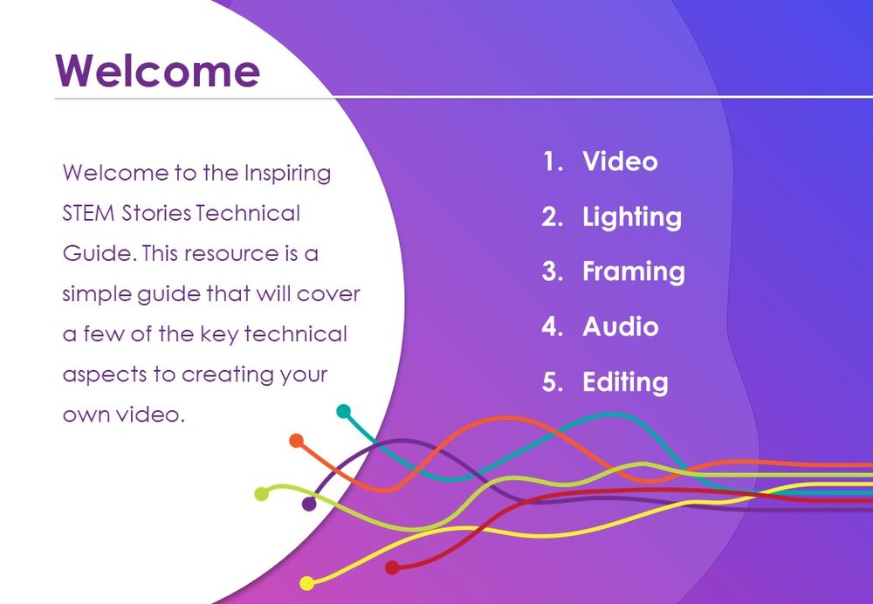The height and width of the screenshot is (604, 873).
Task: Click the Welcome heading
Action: pyautogui.click(x=157, y=71)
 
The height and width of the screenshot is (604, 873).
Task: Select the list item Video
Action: pyautogui.click(x=620, y=161)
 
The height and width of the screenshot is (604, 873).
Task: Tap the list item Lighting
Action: pyautogui.click(x=632, y=217)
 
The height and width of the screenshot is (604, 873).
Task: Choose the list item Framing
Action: pyautogui.click(x=634, y=271)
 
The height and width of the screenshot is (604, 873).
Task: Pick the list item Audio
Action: pyautogui.click(x=620, y=326)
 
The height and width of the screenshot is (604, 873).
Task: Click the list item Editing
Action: pyautogui.click(x=625, y=382)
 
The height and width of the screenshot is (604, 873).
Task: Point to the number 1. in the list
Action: pyautogui.click(x=553, y=161)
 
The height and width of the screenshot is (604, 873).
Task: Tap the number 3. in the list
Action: pyautogui.click(x=553, y=271)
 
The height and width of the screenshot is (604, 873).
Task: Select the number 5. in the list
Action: pyautogui.click(x=553, y=382)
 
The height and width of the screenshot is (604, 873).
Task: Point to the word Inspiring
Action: pyautogui.click(x=287, y=174)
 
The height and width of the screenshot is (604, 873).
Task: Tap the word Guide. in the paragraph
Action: pyautogui.click(x=100, y=254)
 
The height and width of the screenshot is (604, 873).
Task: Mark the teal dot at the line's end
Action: pyautogui.click(x=343, y=411)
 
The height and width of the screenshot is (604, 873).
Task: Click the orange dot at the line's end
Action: pyautogui.click(x=296, y=441)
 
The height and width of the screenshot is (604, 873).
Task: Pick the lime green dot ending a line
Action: pyautogui.click(x=261, y=494)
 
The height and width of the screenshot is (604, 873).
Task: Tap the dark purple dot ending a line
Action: pyautogui.click(x=309, y=504)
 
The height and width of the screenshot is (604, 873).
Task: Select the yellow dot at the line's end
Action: pyautogui.click(x=306, y=583)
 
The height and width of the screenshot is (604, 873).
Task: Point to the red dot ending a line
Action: pyautogui.click(x=392, y=568)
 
